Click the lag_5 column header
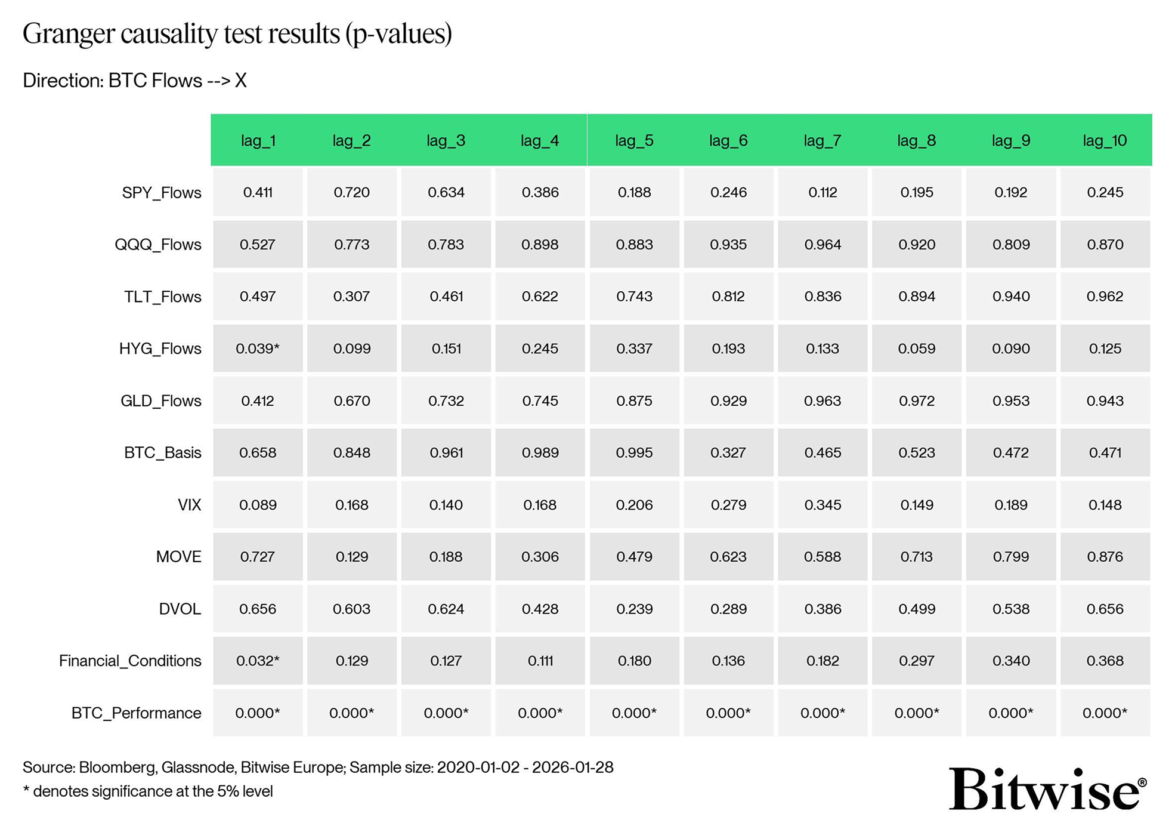tap(634, 141)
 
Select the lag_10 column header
tap(1105, 141)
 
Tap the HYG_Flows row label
tap(160, 349)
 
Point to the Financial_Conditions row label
tap(130, 661)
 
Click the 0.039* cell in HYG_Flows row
tap(258, 349)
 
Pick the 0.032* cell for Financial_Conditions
tap(258, 661)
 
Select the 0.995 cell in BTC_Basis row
tap(634, 452)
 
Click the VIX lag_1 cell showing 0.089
tap(258, 505)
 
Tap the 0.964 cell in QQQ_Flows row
tap(822, 245)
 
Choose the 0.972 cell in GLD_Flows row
tap(917, 400)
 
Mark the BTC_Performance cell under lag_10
tap(1105, 713)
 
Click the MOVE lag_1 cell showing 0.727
tap(258, 557)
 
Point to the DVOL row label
tap(180, 609)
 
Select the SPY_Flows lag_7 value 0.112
tap(822, 193)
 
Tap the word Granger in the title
tap(69, 34)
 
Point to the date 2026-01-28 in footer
tap(573, 767)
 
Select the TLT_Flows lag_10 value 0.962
tap(1105, 297)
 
